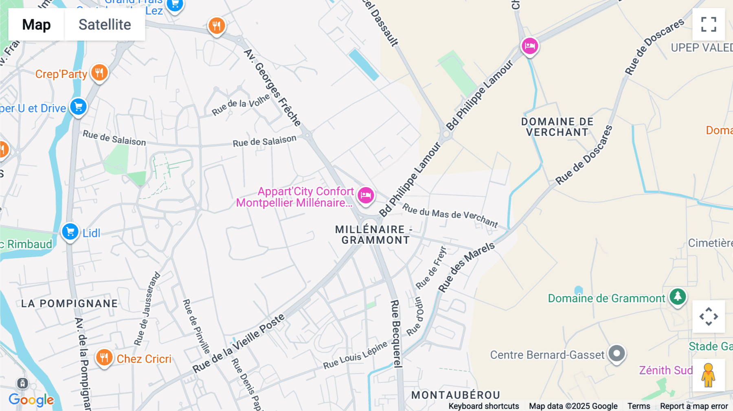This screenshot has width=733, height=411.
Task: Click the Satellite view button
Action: (x=105, y=24)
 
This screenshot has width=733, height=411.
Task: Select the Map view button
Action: (x=36, y=24)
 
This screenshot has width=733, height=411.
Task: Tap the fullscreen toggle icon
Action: (x=709, y=24)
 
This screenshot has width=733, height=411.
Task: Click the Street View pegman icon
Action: (x=708, y=375)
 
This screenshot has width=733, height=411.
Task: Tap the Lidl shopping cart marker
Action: (x=70, y=232)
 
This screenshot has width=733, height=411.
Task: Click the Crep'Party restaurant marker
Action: (x=99, y=73)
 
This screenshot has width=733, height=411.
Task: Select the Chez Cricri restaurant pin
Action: (x=104, y=358)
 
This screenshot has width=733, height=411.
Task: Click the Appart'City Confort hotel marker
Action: (x=366, y=195)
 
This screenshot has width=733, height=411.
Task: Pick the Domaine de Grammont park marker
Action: (x=678, y=297)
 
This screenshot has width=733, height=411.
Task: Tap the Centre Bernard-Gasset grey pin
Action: (x=617, y=353)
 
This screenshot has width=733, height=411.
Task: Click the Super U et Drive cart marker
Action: (x=78, y=107)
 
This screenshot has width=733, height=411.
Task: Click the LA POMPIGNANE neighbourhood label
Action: (x=70, y=304)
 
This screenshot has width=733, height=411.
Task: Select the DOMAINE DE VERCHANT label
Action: (x=557, y=127)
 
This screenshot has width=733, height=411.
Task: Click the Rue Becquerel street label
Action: (x=395, y=334)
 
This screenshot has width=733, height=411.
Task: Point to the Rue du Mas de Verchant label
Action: (x=450, y=215)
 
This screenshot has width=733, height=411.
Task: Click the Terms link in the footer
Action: (x=639, y=406)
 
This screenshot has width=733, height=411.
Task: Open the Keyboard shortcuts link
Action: (x=483, y=406)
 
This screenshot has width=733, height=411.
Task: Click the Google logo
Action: (x=31, y=400)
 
